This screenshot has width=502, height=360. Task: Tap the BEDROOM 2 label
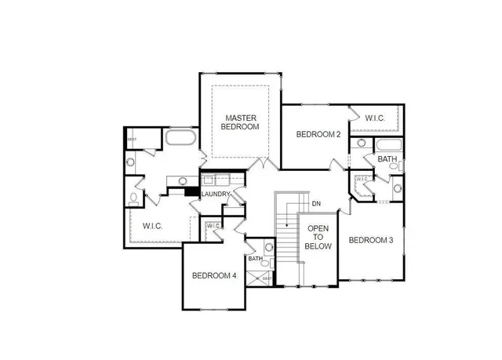318,134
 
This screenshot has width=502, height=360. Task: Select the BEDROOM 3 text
371,240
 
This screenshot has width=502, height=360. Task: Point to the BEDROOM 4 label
214,275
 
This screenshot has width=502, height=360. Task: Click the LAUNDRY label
216,195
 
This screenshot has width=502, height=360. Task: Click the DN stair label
316,204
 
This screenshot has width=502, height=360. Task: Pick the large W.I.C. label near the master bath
152,226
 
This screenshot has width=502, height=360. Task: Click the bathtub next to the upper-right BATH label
388,145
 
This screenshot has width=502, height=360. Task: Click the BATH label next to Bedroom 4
255,258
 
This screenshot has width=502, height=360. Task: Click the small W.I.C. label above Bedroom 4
213,227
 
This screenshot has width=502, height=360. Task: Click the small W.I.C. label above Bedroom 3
362,180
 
